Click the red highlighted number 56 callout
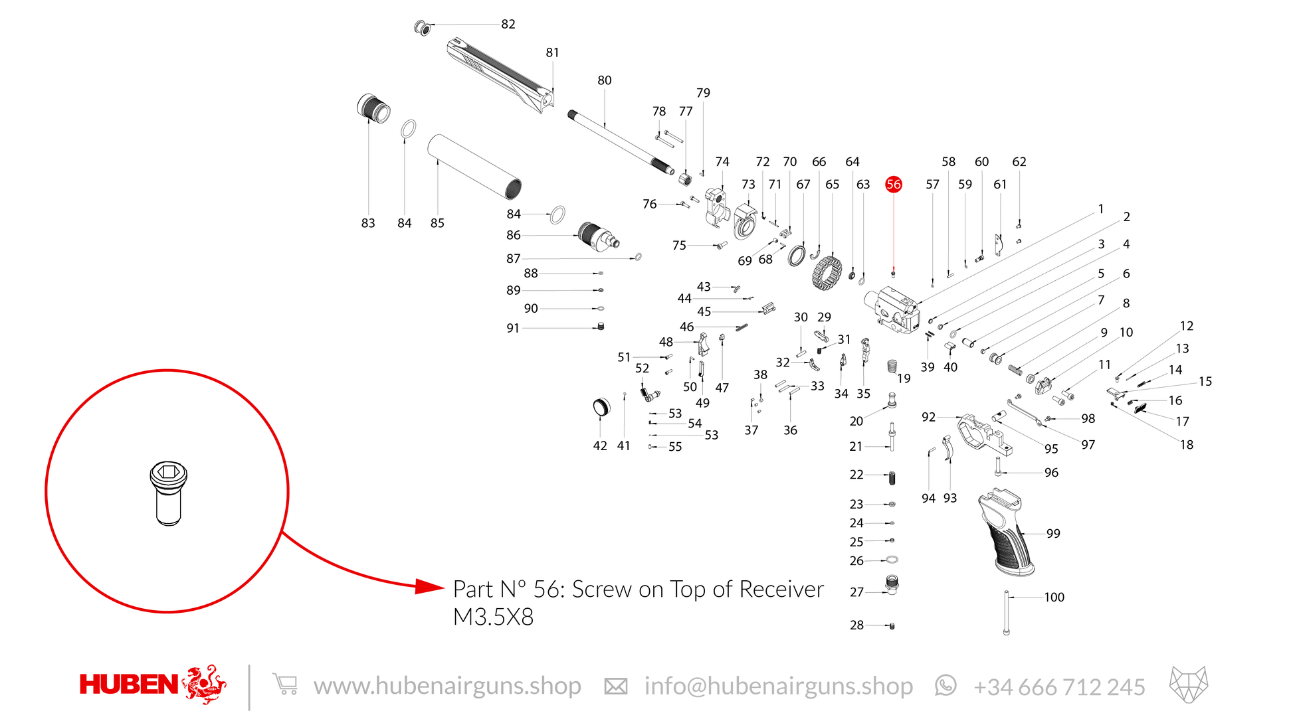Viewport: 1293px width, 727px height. [894, 185]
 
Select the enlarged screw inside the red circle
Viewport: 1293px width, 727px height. [168, 493]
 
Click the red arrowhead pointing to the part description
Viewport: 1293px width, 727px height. [430, 587]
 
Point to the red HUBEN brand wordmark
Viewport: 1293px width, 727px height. [129, 685]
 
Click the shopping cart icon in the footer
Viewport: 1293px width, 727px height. [285, 685]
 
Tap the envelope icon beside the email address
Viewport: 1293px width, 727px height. [616, 687]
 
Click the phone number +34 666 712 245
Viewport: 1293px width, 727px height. [1059, 687]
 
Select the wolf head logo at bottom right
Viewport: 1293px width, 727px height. [1189, 685]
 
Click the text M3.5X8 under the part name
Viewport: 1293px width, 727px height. [493, 617]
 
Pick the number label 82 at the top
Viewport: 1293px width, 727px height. [508, 24]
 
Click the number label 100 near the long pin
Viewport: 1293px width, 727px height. [1054, 598]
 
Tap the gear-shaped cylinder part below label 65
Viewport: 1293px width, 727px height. [827, 273]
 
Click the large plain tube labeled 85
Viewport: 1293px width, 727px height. [474, 167]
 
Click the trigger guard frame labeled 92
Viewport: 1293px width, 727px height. [985, 434]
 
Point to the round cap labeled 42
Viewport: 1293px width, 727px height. [601, 407]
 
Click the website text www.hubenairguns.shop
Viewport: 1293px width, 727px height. [447, 686]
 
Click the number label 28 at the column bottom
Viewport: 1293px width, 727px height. [857, 625]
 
